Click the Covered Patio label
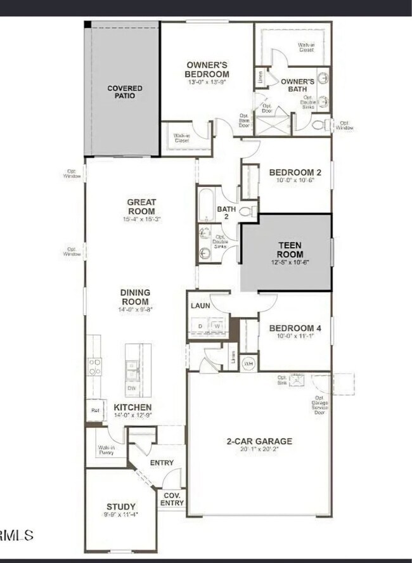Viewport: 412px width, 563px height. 124,92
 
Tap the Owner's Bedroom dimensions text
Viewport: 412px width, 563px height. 207,82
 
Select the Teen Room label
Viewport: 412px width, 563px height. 290,249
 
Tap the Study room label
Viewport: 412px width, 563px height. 120,507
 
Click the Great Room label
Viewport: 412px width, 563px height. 141,207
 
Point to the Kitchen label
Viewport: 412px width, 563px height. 132,407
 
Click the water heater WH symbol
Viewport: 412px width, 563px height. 249,363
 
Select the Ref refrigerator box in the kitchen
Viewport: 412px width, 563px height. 95,410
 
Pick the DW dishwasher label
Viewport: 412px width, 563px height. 132,388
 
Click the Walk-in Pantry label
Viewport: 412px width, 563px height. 106,450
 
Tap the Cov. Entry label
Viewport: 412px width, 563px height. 172,498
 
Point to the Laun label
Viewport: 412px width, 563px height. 200,306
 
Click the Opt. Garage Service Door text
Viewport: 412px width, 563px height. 319,402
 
